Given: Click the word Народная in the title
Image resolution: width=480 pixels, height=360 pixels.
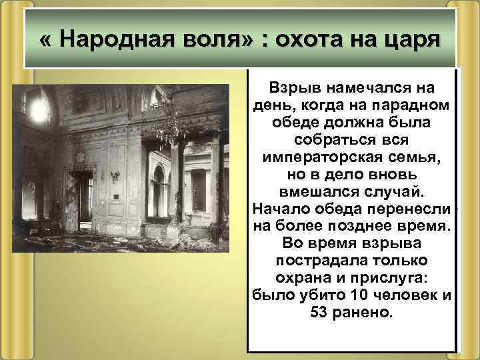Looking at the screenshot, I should (x=106, y=39).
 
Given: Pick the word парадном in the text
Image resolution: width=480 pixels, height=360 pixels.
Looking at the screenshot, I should (x=416, y=105).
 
